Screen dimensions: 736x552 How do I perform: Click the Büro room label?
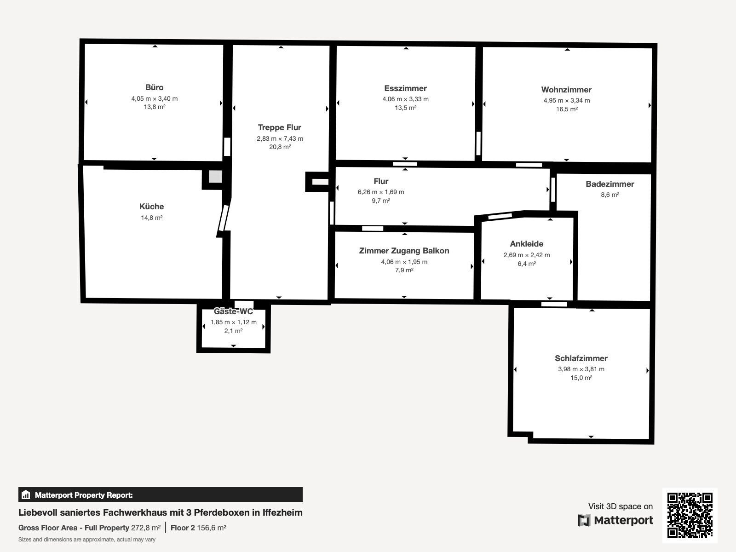[x=154, y=87]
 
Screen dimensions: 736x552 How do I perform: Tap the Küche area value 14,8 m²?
[x=151, y=218]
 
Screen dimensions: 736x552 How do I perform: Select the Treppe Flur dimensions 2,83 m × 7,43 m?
[x=280, y=138]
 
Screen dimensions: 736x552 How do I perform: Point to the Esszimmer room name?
[x=405, y=88]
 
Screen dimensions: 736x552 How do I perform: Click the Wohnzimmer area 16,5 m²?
[x=567, y=109]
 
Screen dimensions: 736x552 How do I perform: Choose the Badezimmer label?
[x=610, y=184]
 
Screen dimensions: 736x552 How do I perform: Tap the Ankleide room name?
[x=527, y=244]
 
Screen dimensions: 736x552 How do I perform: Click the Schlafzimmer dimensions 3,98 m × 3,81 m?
[x=581, y=369]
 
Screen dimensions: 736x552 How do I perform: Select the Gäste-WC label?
[x=233, y=311]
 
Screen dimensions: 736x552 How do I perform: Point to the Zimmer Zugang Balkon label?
[x=404, y=251]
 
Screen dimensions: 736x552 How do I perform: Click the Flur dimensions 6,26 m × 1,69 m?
[x=381, y=192]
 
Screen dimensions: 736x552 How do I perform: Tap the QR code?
[x=690, y=515]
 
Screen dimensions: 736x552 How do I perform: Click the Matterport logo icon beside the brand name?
[x=584, y=520]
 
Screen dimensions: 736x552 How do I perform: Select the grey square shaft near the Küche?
[x=215, y=177]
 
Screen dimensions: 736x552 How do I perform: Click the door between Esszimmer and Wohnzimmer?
[x=478, y=144]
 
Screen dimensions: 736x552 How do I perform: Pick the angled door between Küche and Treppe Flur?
[x=223, y=218]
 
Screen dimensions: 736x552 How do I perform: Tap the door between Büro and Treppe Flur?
[x=227, y=147]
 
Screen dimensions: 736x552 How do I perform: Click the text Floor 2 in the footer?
[x=183, y=528]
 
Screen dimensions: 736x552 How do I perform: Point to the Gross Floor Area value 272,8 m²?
[x=146, y=528]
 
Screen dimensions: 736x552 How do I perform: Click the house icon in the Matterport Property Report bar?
[x=25, y=494]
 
